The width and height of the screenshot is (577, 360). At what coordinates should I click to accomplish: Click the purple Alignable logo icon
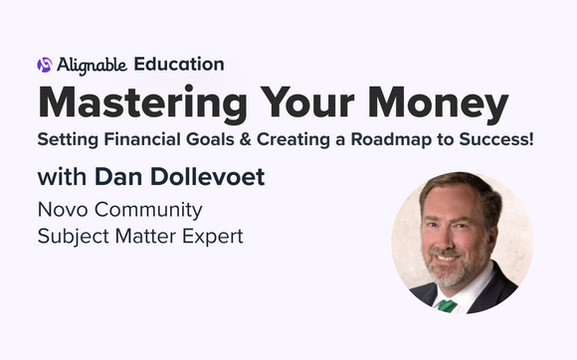coord(44,65)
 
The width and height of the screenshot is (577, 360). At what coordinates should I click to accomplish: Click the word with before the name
coord(62,179)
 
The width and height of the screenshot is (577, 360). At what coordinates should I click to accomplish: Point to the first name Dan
coord(122,179)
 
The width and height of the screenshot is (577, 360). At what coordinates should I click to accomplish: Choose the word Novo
coord(59,211)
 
